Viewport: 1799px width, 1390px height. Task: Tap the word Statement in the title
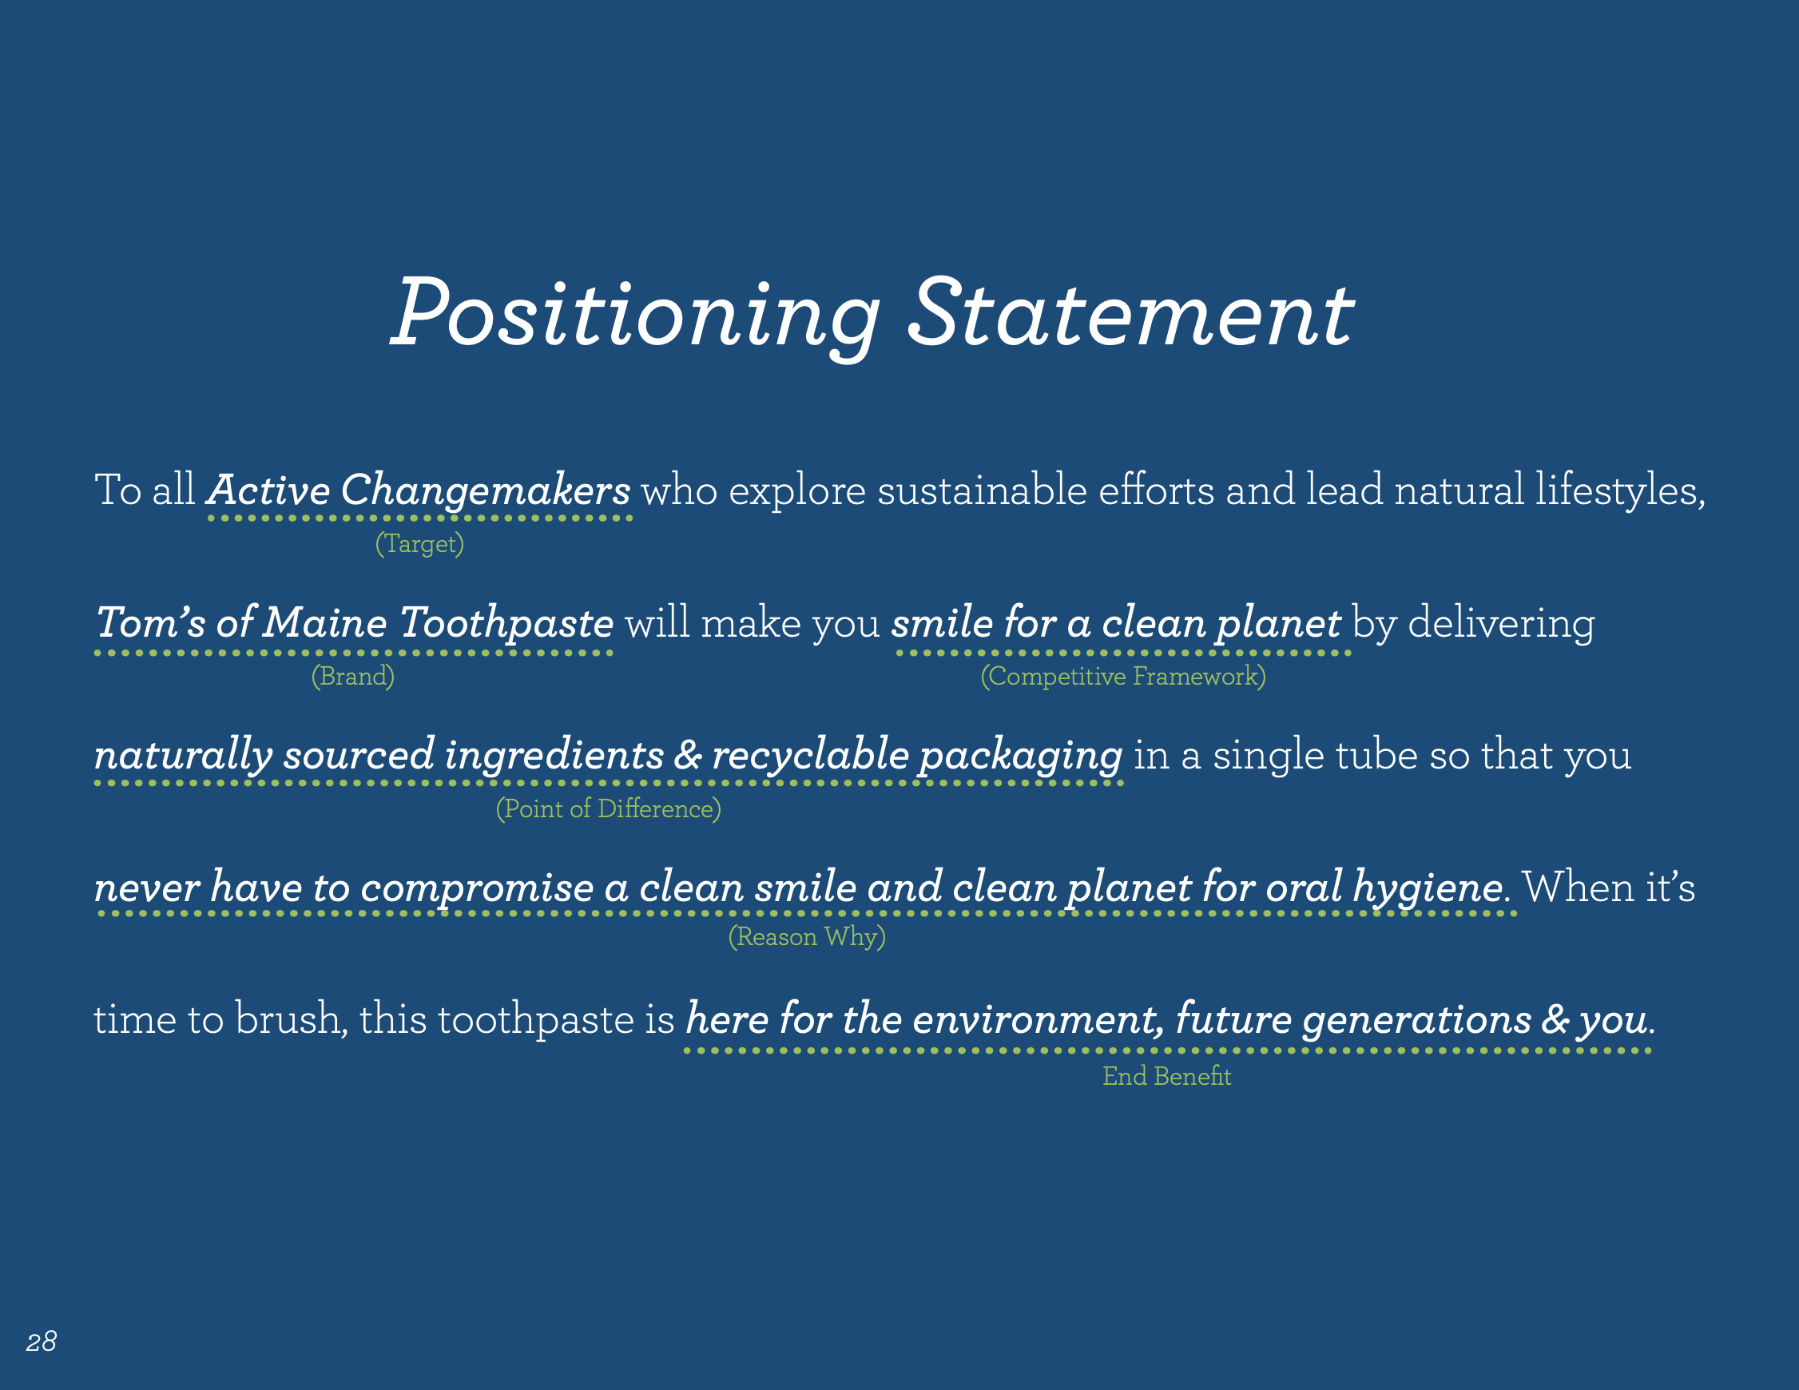coord(1131,313)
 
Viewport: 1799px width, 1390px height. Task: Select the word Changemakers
coord(485,491)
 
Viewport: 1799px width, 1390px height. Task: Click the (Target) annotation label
coord(420,544)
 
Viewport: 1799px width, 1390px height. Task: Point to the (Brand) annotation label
coord(352,677)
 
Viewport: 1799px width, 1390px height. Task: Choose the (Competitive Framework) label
coord(1122,677)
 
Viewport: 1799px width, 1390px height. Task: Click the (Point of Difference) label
coord(609,809)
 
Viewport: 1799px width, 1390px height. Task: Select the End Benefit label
coord(1167,1076)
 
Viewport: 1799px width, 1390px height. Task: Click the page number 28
coord(42,1342)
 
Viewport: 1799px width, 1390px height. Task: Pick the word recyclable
coord(811,757)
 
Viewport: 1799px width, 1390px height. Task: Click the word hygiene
coord(1428,888)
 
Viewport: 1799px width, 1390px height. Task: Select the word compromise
coord(477,889)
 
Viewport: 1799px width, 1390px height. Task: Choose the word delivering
coord(1501,624)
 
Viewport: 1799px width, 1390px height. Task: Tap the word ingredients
coord(554,757)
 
